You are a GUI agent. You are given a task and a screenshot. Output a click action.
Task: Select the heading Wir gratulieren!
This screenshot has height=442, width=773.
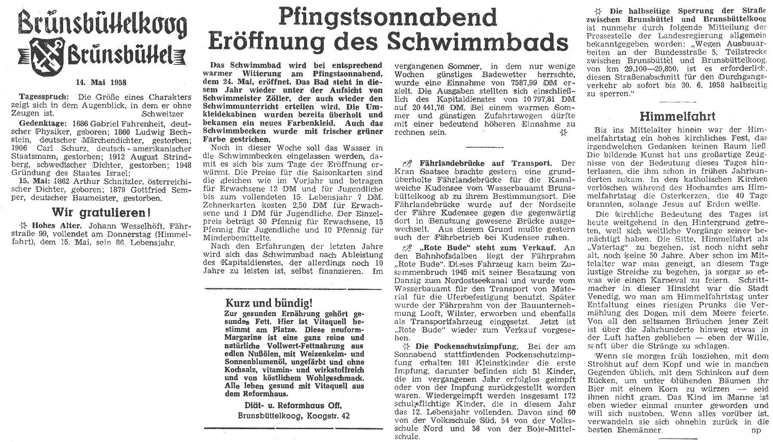point(101,213)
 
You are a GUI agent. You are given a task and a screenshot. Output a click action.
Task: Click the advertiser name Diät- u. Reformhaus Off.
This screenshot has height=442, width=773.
point(291,405)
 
